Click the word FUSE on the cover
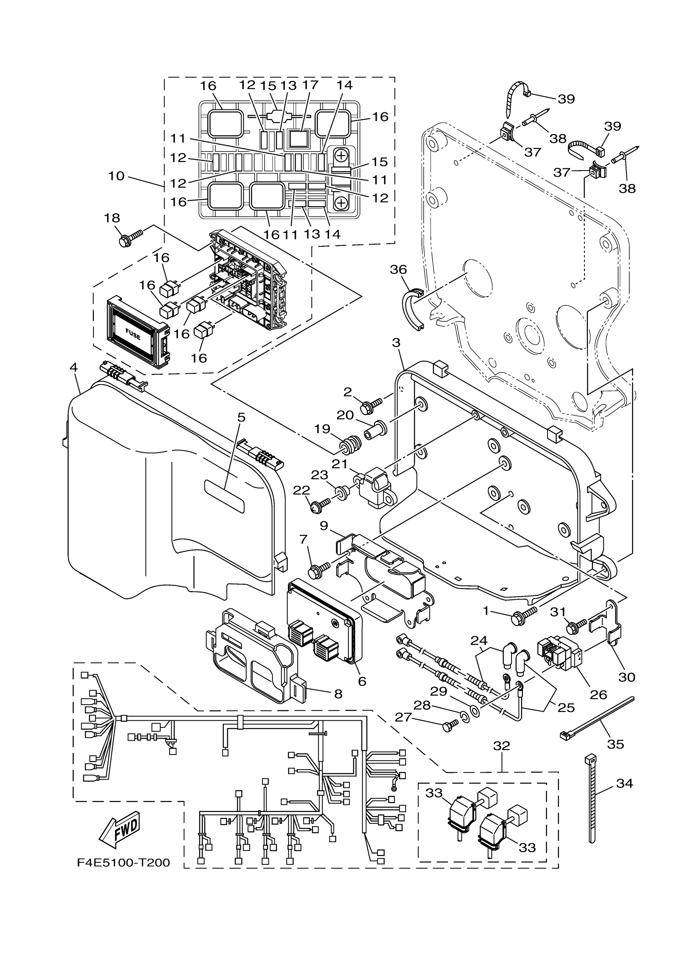coord(133,334)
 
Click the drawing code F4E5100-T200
coord(123,863)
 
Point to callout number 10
coord(116,176)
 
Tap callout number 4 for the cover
coord(73,367)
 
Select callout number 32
coord(501,745)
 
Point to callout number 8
coord(338,693)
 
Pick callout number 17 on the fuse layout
coord(310,85)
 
